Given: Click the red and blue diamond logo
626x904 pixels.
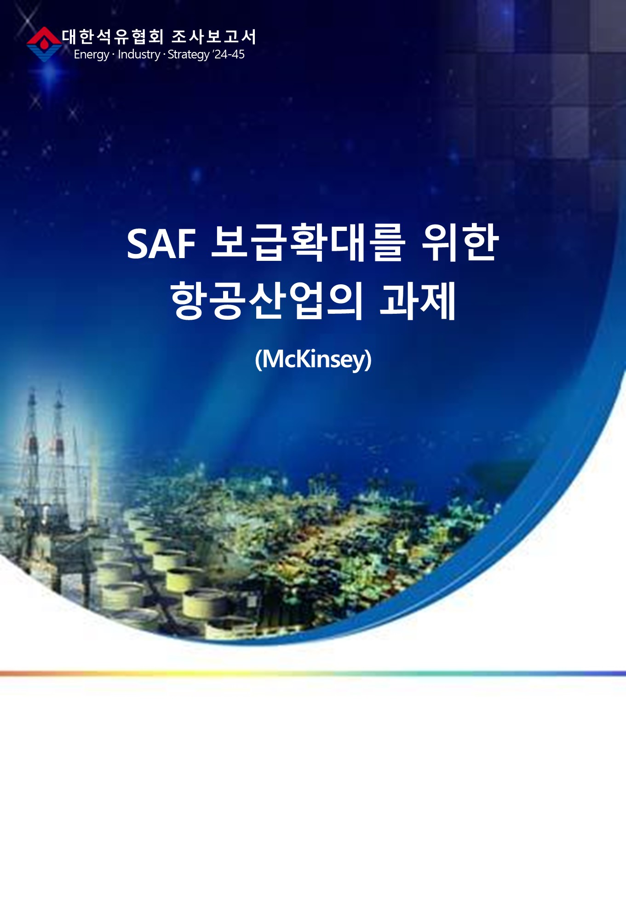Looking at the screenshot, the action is (x=44, y=44).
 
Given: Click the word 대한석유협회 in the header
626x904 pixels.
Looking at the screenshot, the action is (x=113, y=37).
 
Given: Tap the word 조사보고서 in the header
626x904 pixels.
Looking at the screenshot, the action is (x=214, y=37).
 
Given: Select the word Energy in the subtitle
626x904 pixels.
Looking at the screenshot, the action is (x=91, y=55).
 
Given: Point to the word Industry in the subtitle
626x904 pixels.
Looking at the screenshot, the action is (x=139, y=54).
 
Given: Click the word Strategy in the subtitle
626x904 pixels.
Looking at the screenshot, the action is (x=189, y=55).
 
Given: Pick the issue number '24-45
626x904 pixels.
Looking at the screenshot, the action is (x=229, y=54).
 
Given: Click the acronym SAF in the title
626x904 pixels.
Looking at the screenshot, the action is (x=161, y=244).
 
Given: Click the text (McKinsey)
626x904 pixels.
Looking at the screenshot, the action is (x=313, y=359).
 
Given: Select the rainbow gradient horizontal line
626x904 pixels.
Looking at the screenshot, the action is (x=313, y=674).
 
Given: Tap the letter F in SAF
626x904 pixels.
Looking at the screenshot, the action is (x=186, y=244).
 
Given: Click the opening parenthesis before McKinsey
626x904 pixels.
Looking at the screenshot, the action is (x=258, y=360).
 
